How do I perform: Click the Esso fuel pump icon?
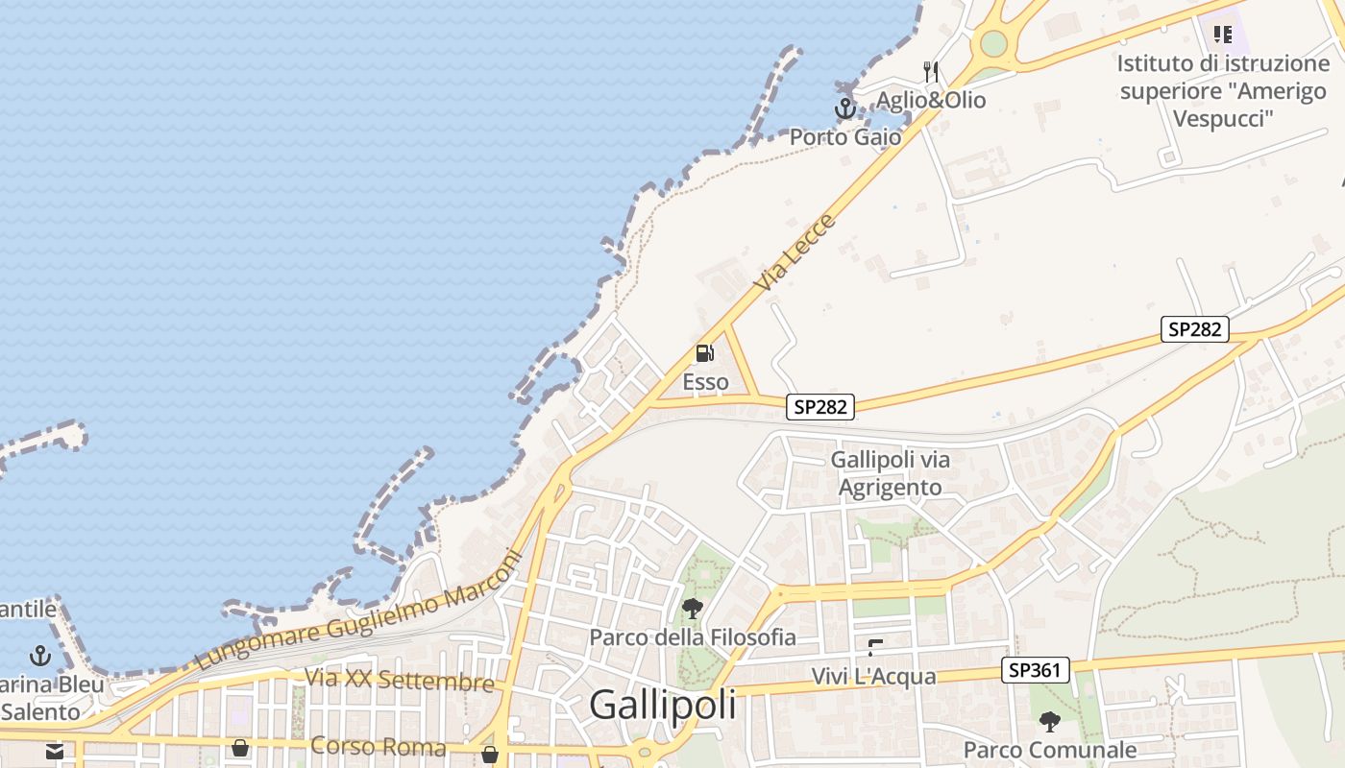point(704,352)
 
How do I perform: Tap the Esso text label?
point(705,382)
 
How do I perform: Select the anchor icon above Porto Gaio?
point(844,108)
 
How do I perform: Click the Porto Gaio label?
point(845,137)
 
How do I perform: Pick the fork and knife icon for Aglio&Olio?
point(930,72)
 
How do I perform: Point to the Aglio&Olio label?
point(930,100)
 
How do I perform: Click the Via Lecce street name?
point(795,253)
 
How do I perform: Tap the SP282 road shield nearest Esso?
point(820,407)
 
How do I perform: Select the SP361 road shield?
point(1035,670)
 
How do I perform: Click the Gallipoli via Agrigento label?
point(891,473)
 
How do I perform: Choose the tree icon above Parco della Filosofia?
point(692,608)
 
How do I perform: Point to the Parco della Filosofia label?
point(693,636)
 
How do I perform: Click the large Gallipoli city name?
point(662,705)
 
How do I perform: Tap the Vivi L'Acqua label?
point(873,677)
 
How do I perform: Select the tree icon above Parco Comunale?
point(1050,720)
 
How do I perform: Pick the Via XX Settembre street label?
point(399,680)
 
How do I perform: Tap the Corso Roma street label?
point(379,747)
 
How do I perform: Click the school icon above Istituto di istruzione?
point(1222,36)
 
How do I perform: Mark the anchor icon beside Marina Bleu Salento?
point(40,656)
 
